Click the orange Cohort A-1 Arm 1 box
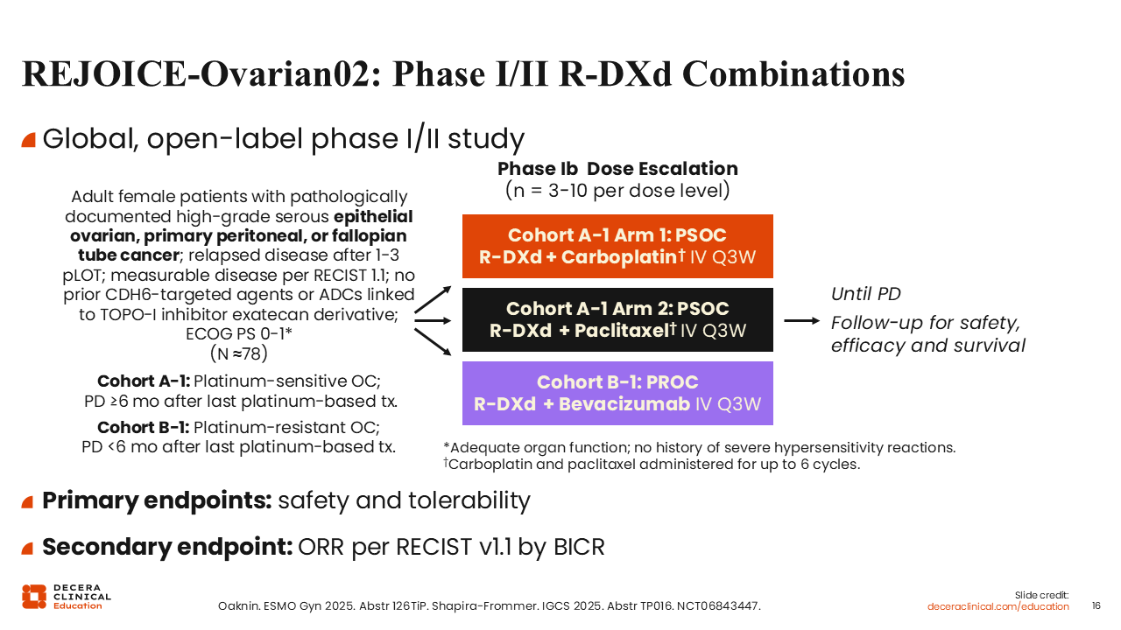pos(617,246)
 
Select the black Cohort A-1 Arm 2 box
pos(617,319)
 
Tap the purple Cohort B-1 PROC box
pos(617,393)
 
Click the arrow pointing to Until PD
pos(801,320)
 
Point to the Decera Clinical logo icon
pos(34,597)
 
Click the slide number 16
pos(1096,606)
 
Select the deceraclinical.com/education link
pos(998,606)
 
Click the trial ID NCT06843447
pos(719,606)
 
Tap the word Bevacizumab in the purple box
pos(624,404)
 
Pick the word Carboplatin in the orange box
pos(619,257)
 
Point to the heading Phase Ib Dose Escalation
pos(617,169)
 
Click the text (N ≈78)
pos(239,353)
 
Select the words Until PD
pos(866,294)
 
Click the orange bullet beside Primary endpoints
pos(27,501)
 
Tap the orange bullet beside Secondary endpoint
pos(27,548)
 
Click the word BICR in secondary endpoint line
pos(579,547)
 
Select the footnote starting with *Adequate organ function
pos(700,447)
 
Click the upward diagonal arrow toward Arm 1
pos(433,299)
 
